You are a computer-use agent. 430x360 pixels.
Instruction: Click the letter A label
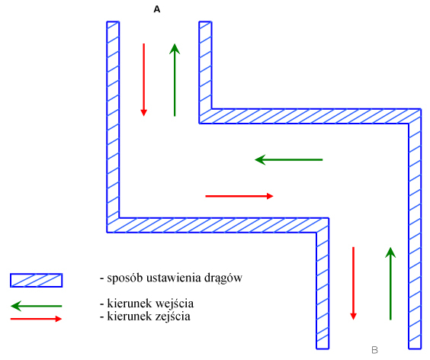point(157,10)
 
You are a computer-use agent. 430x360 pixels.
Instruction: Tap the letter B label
point(374,350)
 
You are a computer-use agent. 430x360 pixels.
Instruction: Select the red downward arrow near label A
point(143,79)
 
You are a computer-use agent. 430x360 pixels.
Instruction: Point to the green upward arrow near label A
point(175,80)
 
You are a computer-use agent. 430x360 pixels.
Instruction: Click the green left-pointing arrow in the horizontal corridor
point(289,159)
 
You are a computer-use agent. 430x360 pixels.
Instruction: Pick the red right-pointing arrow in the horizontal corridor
point(239,196)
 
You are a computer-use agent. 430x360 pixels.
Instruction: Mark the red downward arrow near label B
point(354,283)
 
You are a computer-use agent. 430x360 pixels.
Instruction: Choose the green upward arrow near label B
point(390,284)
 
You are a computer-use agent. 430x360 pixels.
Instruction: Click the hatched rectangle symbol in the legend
point(36,280)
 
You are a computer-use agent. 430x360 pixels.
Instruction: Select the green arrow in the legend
point(36,306)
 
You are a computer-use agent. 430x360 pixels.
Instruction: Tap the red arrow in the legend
point(36,319)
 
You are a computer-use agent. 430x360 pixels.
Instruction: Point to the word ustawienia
point(174,278)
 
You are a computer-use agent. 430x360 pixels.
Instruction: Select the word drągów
point(223,278)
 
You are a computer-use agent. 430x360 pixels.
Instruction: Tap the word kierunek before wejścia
point(130,304)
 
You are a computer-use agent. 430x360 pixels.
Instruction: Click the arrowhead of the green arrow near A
point(175,49)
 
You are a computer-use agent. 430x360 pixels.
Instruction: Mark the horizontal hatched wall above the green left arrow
point(310,117)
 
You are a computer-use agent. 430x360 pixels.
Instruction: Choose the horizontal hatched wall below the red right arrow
point(218,225)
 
